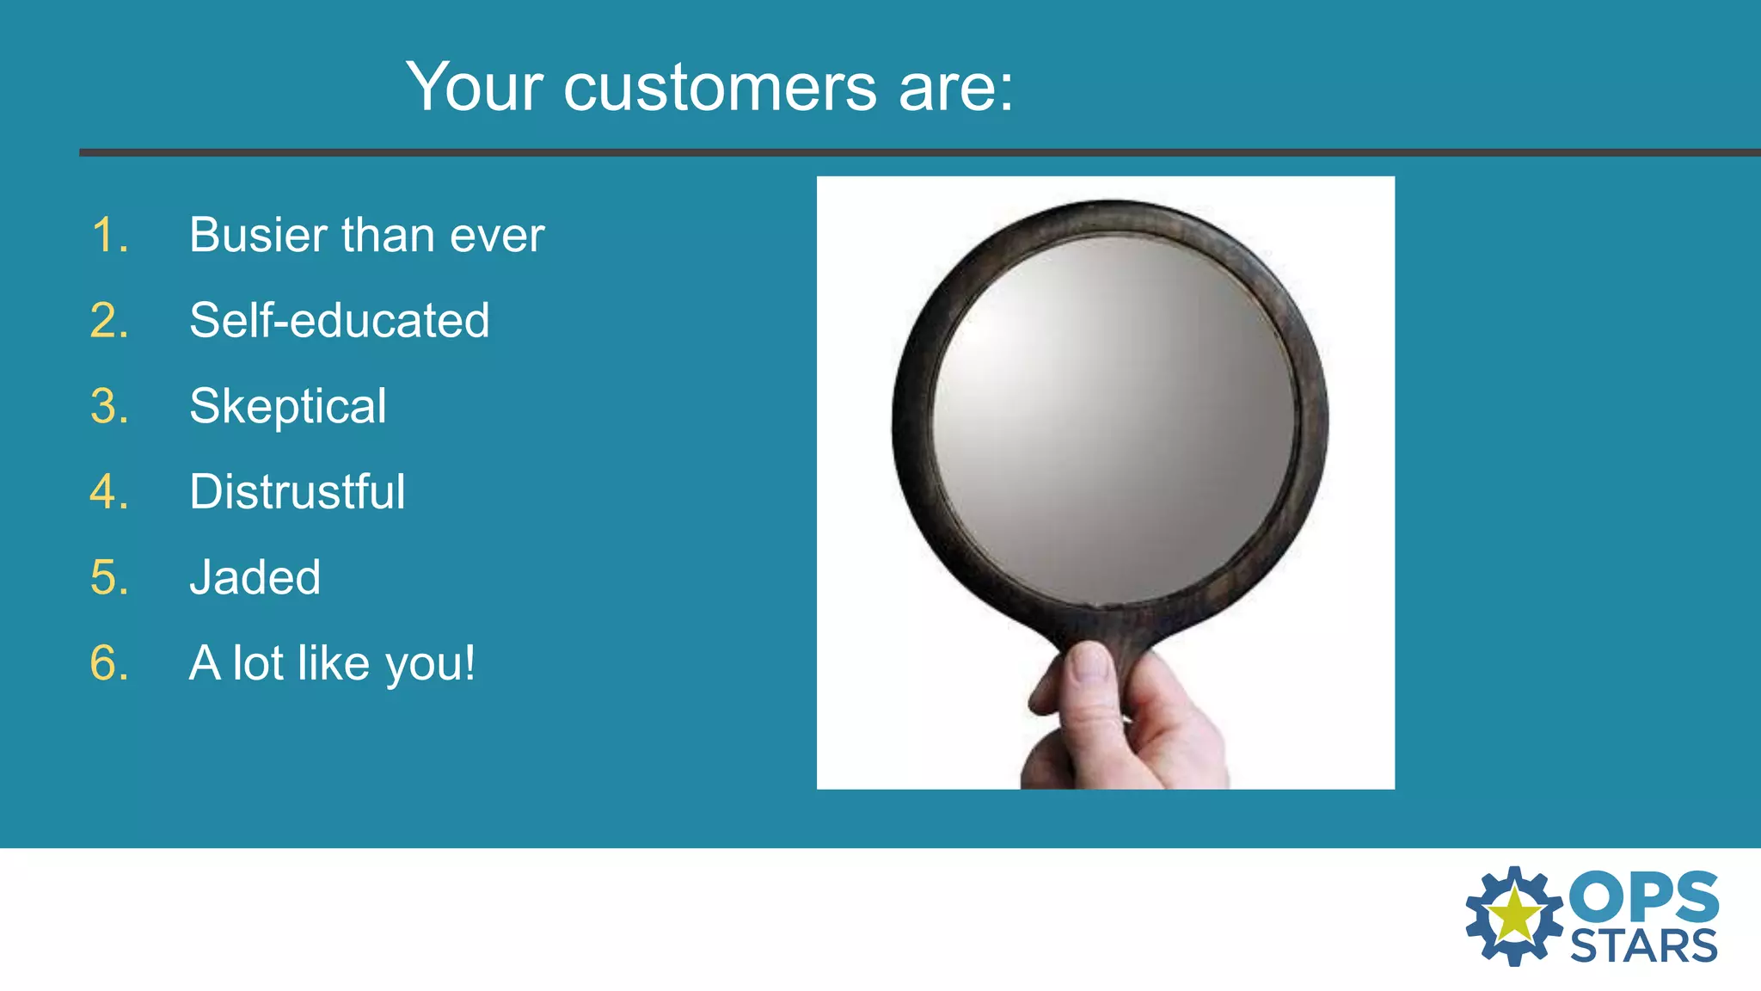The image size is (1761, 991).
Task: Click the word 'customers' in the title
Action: [720, 88]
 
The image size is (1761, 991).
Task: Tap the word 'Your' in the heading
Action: [475, 88]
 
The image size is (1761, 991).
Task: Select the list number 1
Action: [109, 235]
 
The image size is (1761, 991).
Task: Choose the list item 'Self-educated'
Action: [339, 320]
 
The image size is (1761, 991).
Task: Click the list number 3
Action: [109, 406]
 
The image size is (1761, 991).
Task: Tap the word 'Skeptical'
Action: [287, 406]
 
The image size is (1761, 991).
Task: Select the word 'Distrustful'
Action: [297, 491]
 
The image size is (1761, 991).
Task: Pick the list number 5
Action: [109, 577]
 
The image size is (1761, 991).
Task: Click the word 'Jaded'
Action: [255, 577]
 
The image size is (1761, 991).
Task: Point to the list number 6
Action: [109, 663]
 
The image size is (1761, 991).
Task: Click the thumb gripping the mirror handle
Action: [1090, 680]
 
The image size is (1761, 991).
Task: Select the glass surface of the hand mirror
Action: [1114, 422]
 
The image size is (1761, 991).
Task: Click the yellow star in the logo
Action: [1514, 915]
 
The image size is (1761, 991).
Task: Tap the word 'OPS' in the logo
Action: [1643, 896]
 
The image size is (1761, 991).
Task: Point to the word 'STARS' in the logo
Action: [1643, 946]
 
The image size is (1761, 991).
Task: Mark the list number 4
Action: [109, 491]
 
